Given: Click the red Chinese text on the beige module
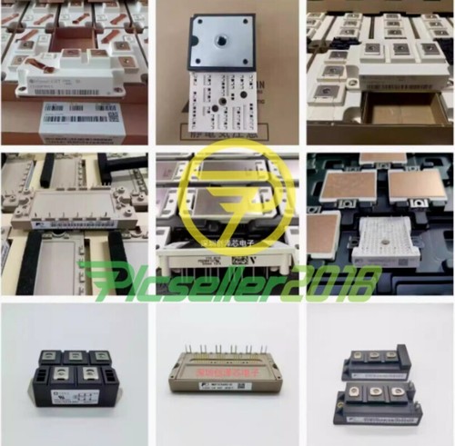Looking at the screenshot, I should [224, 375].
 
